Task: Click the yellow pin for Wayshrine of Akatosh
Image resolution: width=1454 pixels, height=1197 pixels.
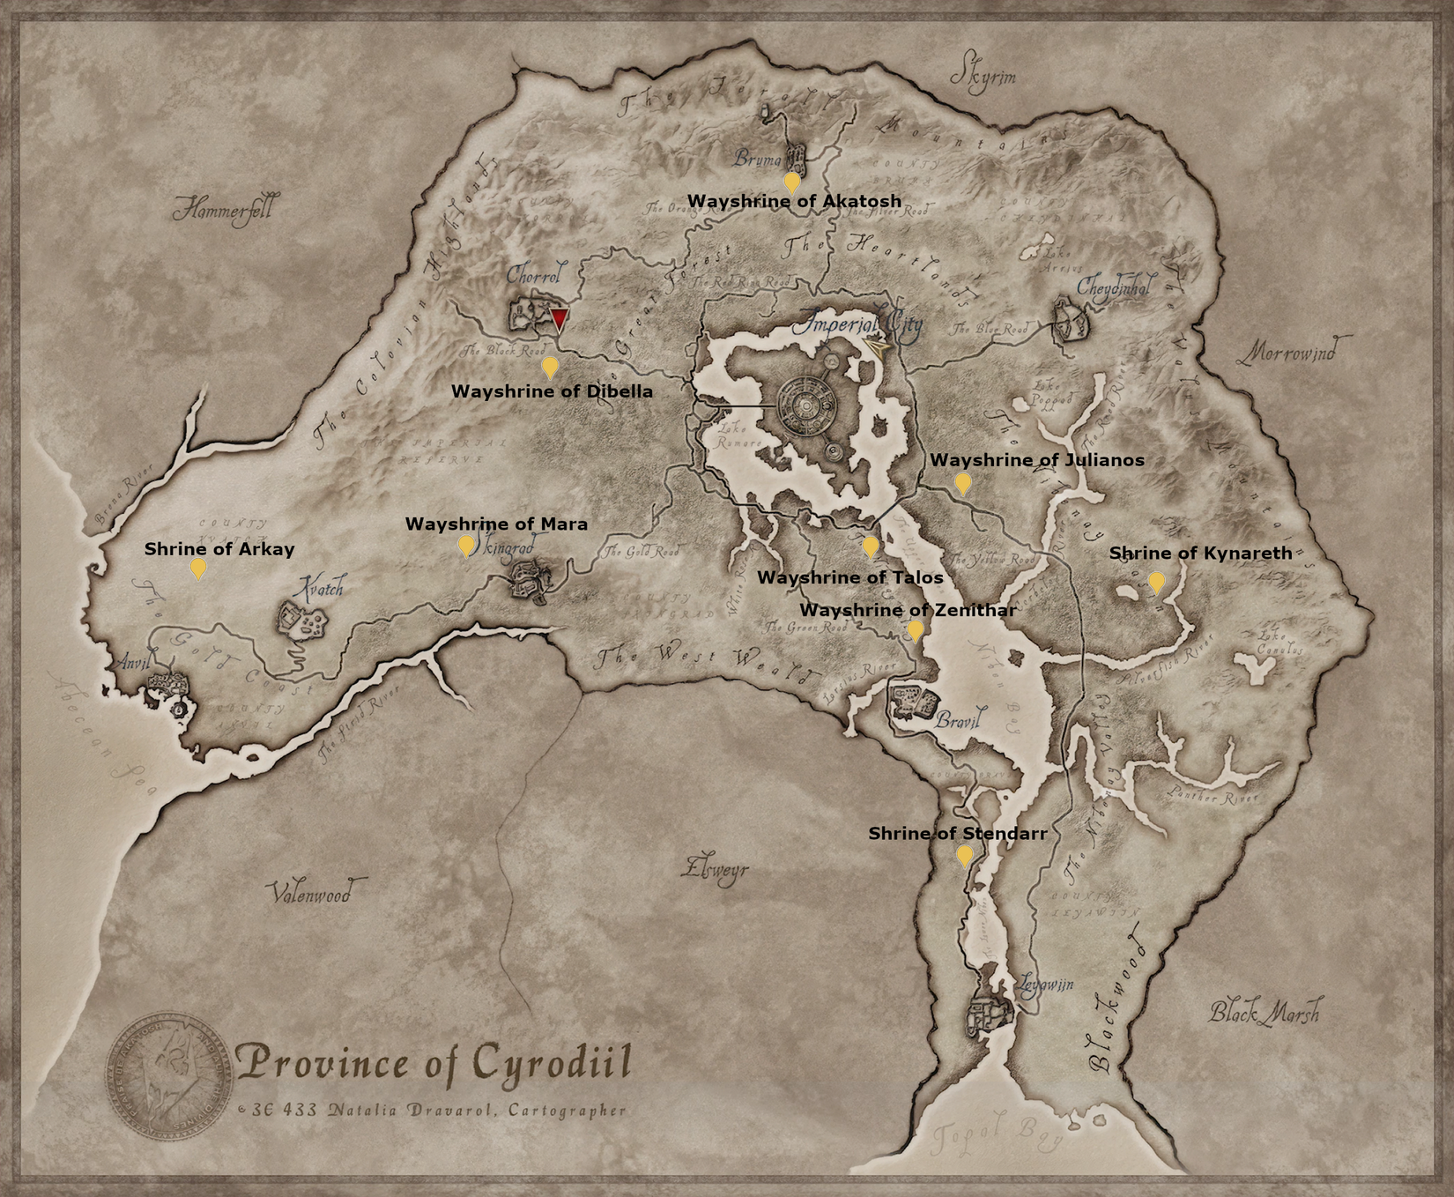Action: (x=792, y=182)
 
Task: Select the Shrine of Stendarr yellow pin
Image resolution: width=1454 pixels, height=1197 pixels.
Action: (x=965, y=854)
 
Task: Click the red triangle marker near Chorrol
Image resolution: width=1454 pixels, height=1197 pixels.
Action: (x=559, y=318)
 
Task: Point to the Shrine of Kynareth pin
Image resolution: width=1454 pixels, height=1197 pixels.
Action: (x=1155, y=581)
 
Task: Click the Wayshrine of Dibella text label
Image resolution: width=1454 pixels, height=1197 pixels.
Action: (x=552, y=391)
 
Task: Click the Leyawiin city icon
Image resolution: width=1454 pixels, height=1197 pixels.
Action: (x=990, y=1015)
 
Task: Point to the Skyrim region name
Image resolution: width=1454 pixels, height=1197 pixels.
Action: (x=983, y=77)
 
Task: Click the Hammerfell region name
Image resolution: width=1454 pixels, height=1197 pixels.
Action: (x=223, y=211)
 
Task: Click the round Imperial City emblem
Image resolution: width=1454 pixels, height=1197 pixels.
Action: (x=807, y=405)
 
